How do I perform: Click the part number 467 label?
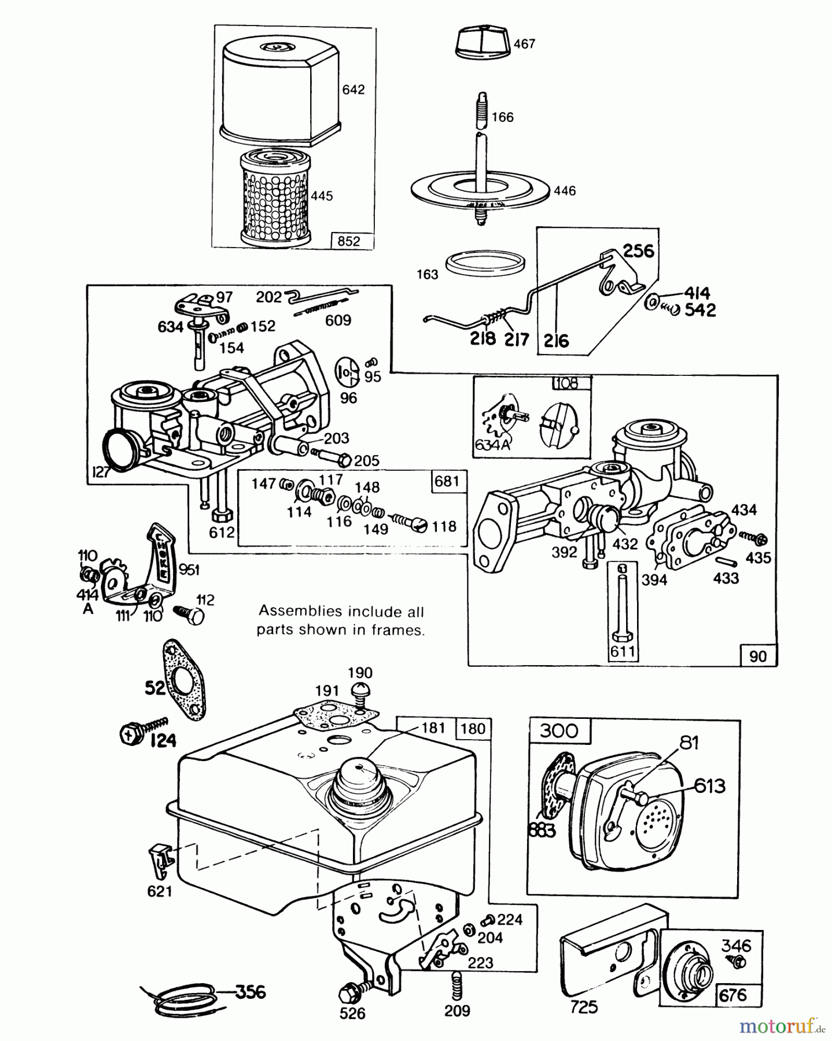(524, 44)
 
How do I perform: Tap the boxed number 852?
(348, 241)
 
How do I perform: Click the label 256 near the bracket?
(638, 250)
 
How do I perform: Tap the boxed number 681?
(446, 481)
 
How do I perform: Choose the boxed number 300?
(559, 730)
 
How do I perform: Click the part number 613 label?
(709, 786)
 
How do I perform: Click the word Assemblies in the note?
(294, 611)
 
